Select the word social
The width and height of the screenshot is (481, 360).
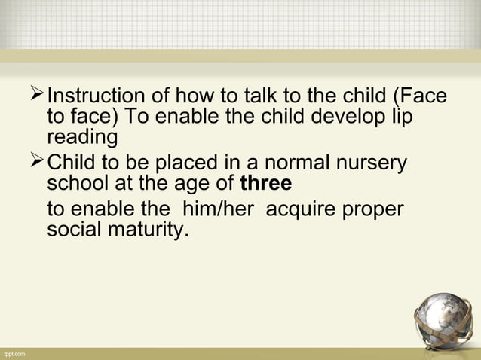(x=73, y=229)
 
